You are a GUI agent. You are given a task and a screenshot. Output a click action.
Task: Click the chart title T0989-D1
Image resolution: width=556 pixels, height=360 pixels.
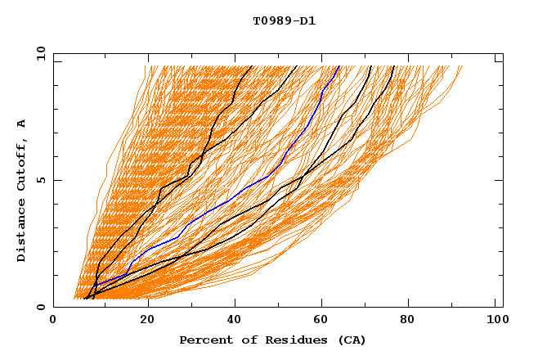pos(284,20)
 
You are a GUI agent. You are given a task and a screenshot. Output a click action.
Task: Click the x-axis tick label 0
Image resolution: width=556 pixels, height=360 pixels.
pos(53,321)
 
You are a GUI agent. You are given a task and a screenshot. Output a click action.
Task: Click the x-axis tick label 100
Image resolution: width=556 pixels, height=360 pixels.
pos(495,321)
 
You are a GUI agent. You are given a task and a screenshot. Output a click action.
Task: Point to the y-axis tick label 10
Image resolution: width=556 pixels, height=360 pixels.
pos(39,54)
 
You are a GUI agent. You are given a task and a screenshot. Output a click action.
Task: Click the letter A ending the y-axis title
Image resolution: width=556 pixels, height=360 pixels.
pos(22,123)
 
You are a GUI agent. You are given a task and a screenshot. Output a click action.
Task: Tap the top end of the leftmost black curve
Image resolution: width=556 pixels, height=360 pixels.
pos(252,66)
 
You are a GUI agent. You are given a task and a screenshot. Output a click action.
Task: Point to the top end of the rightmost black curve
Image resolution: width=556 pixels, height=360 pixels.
pos(395,66)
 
